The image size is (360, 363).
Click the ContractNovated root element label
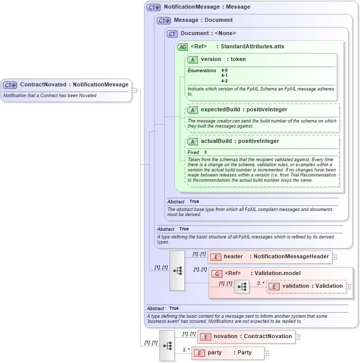point(74,85)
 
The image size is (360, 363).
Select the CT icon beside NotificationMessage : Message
point(153,8)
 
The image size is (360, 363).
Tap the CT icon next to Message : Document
point(163,21)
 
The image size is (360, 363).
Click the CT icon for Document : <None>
point(172,34)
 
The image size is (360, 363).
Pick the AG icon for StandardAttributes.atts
point(182,47)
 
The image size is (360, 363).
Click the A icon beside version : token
point(192,59)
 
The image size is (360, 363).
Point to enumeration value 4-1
point(224,76)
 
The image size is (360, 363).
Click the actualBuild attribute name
point(218,141)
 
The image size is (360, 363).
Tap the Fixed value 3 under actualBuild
point(206,153)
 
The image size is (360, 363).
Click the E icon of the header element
point(215,257)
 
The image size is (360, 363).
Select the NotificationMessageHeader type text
point(290,257)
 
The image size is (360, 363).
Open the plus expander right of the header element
point(335,257)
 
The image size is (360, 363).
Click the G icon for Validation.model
point(216,274)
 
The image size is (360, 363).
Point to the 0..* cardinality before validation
point(260,283)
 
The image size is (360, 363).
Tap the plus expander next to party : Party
point(267,353)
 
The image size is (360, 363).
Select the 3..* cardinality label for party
point(186,350)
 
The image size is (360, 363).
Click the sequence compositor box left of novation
point(167,346)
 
